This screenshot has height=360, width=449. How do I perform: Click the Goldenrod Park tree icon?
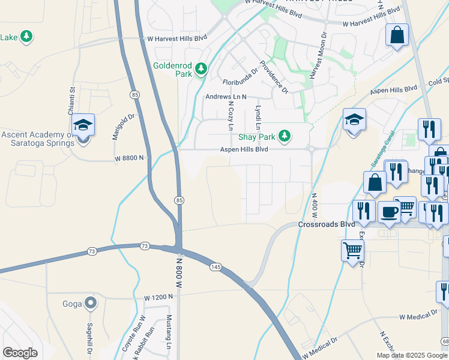point(201,69)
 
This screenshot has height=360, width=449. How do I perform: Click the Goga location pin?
point(91,303)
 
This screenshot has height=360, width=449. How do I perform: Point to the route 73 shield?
point(144,246)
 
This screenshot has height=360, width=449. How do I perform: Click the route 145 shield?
point(215,266)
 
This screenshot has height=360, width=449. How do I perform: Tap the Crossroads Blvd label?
point(323,224)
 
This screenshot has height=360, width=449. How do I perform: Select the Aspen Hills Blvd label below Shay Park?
point(244,149)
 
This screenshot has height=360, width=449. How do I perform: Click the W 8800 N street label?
point(130,158)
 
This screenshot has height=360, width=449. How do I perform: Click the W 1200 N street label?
point(158,297)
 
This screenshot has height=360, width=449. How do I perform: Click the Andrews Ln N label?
point(226,96)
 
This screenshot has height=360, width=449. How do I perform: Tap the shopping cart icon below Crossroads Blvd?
point(352,249)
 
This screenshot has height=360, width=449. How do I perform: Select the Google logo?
point(20,353)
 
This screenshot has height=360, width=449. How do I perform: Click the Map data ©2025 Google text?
point(412,355)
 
